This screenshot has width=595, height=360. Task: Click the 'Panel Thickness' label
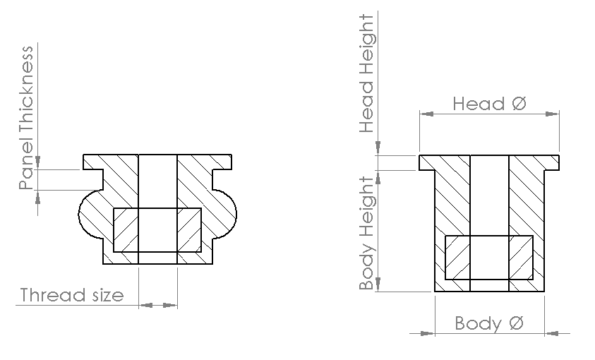(x=26, y=118)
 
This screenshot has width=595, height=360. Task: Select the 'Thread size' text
(x=72, y=295)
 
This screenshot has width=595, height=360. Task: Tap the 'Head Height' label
(x=366, y=73)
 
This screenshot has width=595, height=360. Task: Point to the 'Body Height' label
(x=367, y=233)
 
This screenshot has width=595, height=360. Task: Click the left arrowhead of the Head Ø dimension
(x=426, y=114)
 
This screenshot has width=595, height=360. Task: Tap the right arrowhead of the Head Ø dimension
(x=552, y=114)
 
